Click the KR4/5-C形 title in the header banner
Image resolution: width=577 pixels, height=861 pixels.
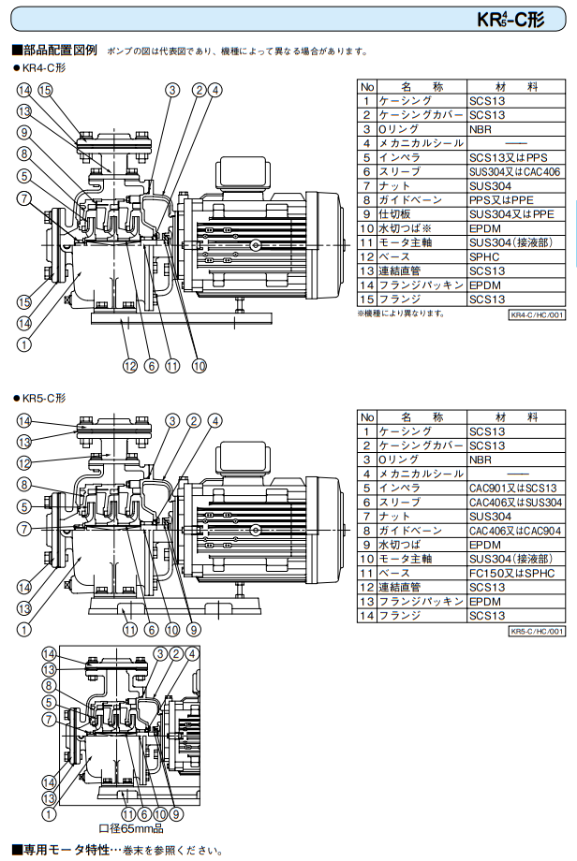(510, 20)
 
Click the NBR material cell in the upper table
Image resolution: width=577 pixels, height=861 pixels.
(516, 129)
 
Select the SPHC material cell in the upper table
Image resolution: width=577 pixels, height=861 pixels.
(516, 256)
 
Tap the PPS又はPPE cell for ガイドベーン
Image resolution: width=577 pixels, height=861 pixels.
(516, 200)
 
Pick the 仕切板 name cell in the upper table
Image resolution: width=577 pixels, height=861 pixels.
(422, 214)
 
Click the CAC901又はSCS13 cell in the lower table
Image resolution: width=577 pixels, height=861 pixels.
(516, 488)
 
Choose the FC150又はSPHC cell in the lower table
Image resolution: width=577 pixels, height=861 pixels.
(516, 573)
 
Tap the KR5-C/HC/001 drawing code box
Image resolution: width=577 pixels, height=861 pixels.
(537, 631)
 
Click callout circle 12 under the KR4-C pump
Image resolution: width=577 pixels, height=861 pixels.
(129, 366)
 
